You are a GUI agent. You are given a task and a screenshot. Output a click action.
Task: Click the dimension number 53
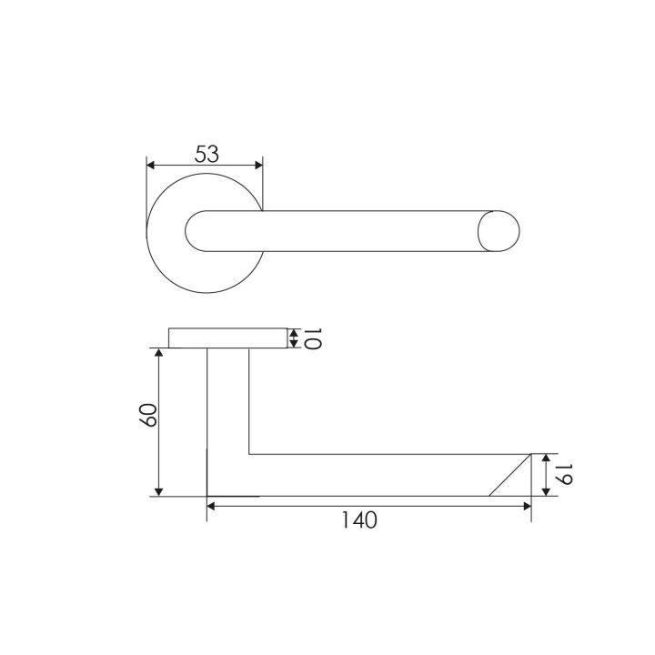pos(207,154)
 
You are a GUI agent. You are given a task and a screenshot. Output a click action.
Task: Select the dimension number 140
pos(359,520)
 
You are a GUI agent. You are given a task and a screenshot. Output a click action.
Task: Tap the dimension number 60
pos(148,415)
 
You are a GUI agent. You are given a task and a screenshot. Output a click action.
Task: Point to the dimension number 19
pos(562,474)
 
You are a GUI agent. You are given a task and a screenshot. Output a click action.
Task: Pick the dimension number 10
pos(311,338)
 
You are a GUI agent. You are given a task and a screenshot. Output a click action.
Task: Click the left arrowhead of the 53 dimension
pos(151,166)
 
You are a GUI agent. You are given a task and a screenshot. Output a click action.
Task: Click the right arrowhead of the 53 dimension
pos(258,166)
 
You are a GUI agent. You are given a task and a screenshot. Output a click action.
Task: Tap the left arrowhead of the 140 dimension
pos(211,507)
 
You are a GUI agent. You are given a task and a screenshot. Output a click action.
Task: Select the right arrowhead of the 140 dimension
pos(527,507)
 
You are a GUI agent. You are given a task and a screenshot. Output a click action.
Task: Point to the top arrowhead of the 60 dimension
pos(158,352)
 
